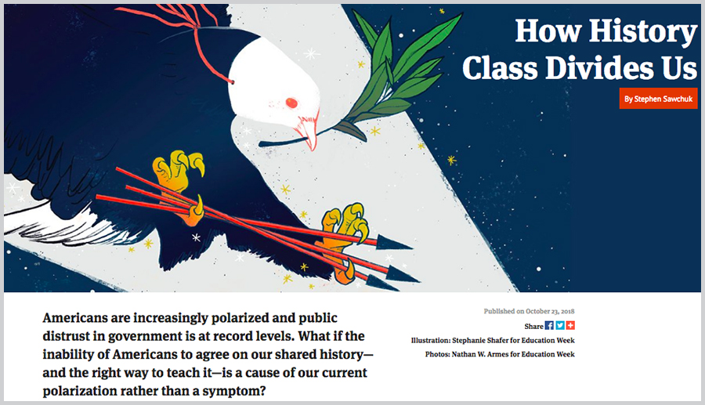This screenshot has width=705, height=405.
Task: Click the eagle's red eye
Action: pos(291,103)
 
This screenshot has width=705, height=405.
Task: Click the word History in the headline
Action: pos(642,32)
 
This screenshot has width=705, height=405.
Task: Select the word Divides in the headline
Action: pos(600,68)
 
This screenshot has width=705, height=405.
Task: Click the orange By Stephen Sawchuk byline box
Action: pos(658,99)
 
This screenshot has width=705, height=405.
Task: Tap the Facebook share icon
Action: pos(549,325)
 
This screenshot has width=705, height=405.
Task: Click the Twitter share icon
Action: pos(560,325)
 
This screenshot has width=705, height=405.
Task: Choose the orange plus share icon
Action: pos(570,325)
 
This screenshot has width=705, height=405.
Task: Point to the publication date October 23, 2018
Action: pos(550,311)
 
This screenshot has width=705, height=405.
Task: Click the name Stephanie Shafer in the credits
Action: pos(481,340)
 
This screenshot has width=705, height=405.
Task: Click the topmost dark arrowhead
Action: pos(393,243)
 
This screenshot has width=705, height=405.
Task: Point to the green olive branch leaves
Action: pos(396,72)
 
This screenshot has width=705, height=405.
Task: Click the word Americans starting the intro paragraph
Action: pos(74,318)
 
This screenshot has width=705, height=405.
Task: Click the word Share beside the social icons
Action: pos(533,327)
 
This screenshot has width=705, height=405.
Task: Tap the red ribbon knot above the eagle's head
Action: pos(196,27)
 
